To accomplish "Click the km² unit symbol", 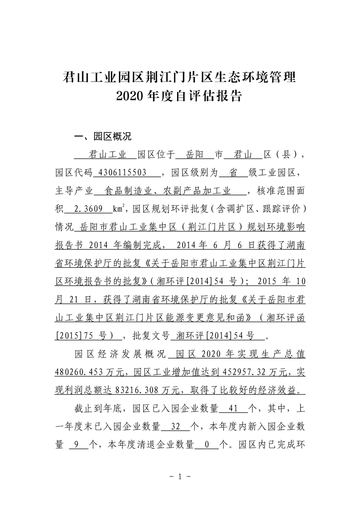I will (x=119, y=210).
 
